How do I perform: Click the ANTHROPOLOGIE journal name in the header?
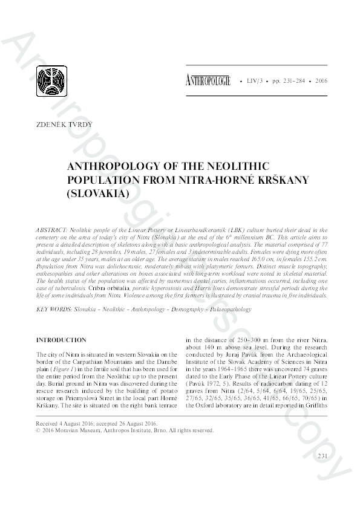[x=209, y=79]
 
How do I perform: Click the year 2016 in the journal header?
[x=321, y=80]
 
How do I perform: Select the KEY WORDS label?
[x=54, y=309]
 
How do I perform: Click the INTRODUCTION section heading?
[x=61, y=340]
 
